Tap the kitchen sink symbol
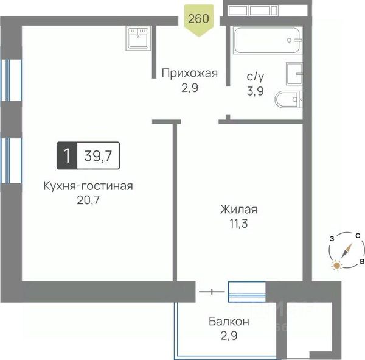point(138,38)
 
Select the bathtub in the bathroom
point(268,40)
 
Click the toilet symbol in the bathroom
point(289,100)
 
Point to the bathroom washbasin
point(294,74)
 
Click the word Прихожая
point(190,74)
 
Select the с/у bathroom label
point(255,77)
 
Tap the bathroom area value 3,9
point(255,91)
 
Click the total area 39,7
point(98,156)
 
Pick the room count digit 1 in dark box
point(67,155)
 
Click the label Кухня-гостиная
point(88,186)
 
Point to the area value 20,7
point(88,200)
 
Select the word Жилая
point(239,210)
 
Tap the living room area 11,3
point(239,224)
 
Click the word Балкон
point(229,322)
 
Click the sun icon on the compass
point(336,266)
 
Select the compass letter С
point(358,236)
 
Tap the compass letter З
point(332,239)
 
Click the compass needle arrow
point(346,251)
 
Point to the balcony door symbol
point(212,292)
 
